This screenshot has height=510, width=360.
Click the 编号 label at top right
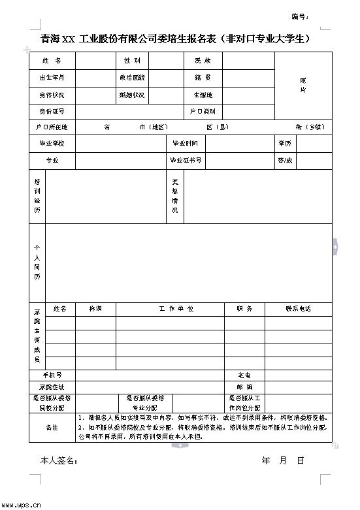coord(300,16)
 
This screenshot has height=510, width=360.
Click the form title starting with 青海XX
coord(174,39)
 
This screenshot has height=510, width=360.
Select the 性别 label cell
coord(131,61)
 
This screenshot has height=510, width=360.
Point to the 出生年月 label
coord(52,78)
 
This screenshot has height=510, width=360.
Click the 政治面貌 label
coord(131,78)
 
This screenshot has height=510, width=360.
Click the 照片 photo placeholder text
coord(303,85)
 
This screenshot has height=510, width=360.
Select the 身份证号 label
coord(52,112)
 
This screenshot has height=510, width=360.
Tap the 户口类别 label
coord(203,112)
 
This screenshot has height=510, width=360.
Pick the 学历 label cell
coord(285,143)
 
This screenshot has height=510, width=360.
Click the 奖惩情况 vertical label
coord(175,196)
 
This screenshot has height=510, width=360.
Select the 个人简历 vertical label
coord(37,263)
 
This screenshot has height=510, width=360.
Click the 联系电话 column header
coord(298,309)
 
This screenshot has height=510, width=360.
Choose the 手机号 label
coord(52,375)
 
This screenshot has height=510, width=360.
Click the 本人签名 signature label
coord(59,461)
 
